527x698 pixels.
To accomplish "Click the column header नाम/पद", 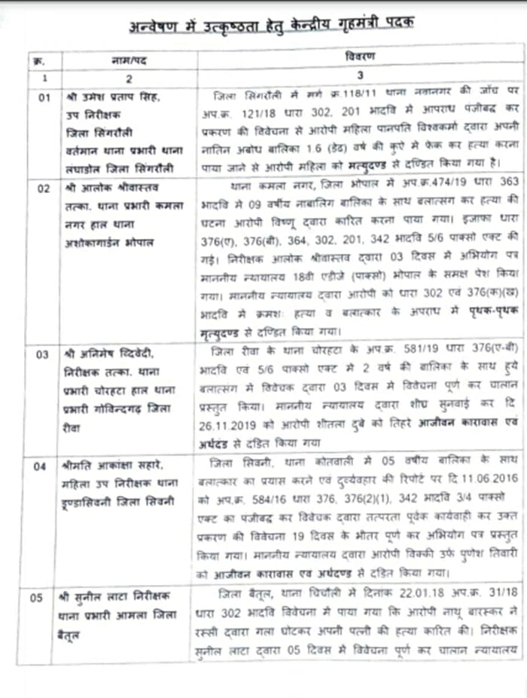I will pos(129,60).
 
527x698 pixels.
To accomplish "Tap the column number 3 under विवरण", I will pos(360,76).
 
